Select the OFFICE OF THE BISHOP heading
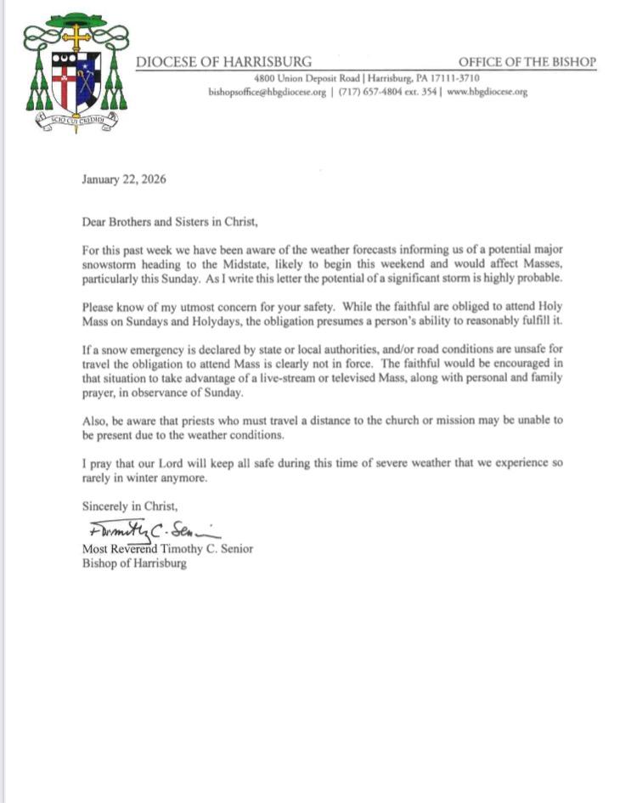[x=527, y=63]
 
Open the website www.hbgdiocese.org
[x=486, y=92]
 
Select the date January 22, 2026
[x=124, y=179]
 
